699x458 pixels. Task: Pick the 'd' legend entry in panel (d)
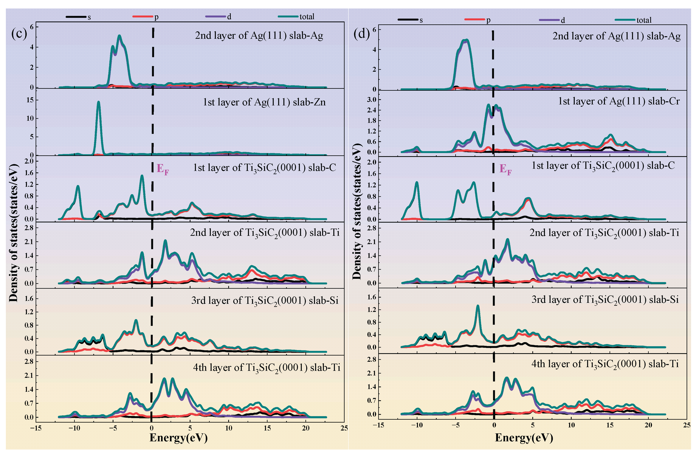point(552,20)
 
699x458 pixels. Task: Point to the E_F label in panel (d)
point(505,169)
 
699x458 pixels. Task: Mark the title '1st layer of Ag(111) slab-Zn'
point(264,102)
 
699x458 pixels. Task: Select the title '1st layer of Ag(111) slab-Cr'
point(619,101)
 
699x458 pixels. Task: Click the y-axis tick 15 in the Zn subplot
point(30,100)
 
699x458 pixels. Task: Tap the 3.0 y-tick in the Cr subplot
point(371,99)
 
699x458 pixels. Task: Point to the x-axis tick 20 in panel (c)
point(306,428)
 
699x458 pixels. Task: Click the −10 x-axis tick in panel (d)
point(417,425)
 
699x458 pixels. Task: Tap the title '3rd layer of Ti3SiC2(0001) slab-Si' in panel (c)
point(265,301)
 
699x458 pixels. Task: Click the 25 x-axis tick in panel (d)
point(687,425)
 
